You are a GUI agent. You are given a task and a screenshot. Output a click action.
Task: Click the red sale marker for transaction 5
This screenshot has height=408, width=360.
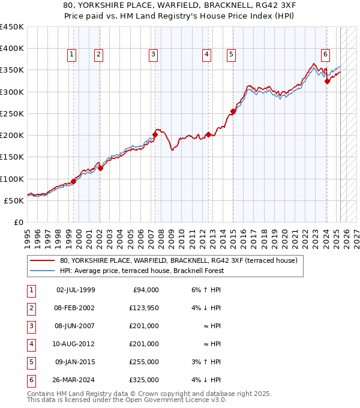point(233,111)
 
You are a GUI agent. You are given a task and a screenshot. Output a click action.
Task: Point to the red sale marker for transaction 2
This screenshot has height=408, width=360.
point(100,168)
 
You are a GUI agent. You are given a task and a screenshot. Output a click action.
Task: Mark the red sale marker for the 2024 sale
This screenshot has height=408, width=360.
point(327,82)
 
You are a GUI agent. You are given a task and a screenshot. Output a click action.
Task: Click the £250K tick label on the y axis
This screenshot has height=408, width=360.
point(11,113)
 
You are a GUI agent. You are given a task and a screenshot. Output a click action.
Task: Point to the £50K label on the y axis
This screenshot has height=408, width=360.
point(14,200)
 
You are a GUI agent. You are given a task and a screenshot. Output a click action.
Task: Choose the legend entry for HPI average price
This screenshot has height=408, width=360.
point(142,271)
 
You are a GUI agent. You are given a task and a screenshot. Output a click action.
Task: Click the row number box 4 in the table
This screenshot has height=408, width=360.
point(31,344)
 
